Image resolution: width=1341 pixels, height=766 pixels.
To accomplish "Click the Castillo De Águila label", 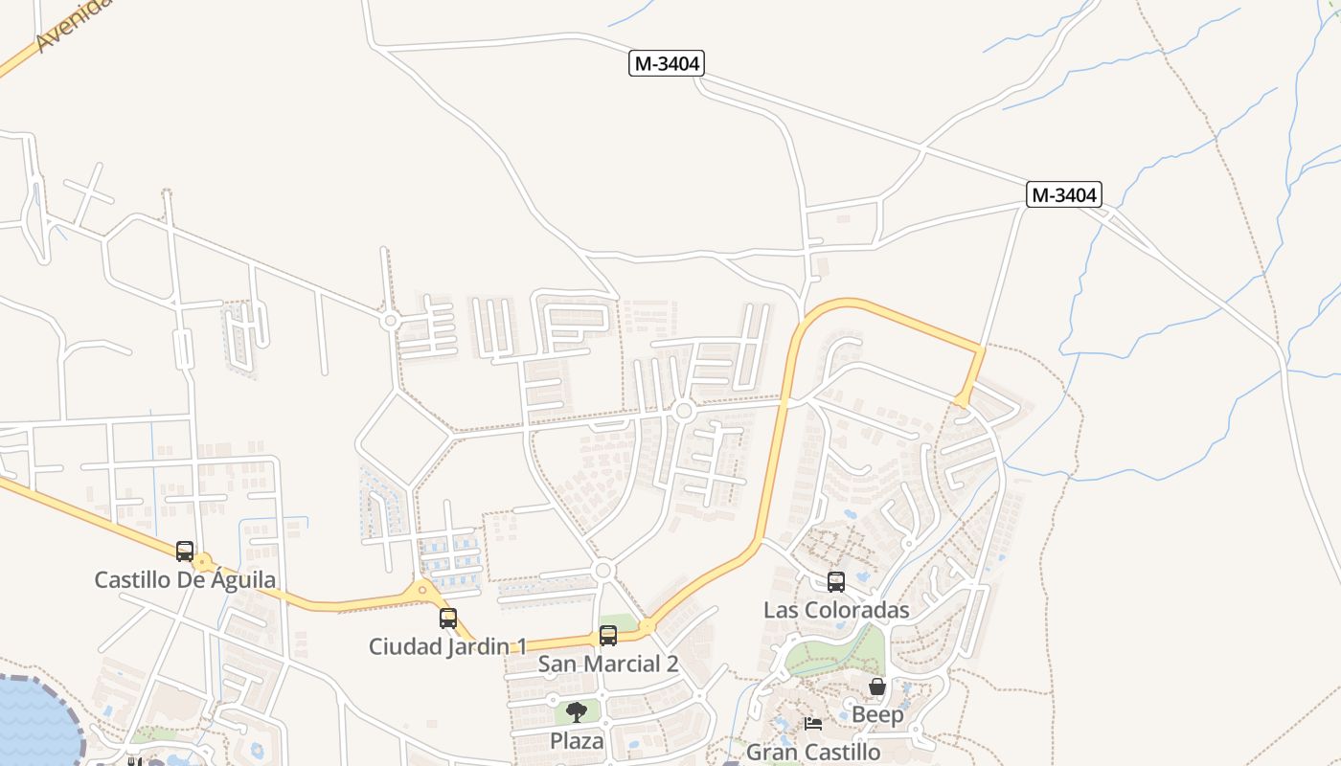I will (x=185, y=579).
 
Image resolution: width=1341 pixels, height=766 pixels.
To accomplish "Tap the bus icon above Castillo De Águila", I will (x=185, y=552).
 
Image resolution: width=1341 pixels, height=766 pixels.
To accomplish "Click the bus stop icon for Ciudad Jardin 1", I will (x=448, y=619).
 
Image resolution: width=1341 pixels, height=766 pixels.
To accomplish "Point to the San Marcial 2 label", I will (x=608, y=664).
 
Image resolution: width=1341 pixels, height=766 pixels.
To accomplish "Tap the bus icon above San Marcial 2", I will (x=608, y=636).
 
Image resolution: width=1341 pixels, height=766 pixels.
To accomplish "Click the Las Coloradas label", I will (x=836, y=610).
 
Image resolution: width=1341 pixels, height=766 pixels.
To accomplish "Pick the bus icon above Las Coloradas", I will (x=836, y=582).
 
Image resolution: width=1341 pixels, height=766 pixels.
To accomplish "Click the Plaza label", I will (x=577, y=740).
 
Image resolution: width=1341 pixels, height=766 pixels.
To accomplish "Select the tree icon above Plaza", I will (x=577, y=712).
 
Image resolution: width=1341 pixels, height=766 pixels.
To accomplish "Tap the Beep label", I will (x=877, y=714).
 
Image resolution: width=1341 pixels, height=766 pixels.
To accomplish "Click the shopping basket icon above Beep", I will (x=877, y=687).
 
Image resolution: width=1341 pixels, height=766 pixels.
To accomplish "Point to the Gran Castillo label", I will (x=813, y=752).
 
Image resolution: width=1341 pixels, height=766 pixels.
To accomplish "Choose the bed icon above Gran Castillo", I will (x=813, y=724).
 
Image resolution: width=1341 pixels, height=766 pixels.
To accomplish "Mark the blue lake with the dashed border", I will (x=34, y=723).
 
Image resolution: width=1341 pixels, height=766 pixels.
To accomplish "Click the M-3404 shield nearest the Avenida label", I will (x=667, y=64).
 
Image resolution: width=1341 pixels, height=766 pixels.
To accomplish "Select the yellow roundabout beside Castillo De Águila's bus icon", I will (x=203, y=563).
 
